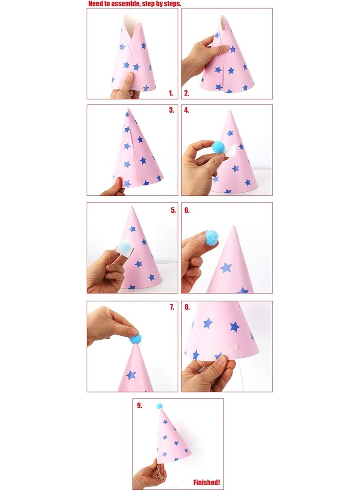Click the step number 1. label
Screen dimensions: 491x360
[x=171, y=94]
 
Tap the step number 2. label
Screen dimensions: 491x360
[x=187, y=94]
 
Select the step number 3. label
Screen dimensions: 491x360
[x=171, y=110]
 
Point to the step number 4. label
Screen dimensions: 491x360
[x=187, y=110]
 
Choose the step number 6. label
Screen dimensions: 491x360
[x=187, y=210]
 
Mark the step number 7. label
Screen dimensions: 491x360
[x=172, y=307]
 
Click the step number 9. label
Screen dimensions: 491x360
[x=139, y=405]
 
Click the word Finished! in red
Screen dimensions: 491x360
[x=207, y=482]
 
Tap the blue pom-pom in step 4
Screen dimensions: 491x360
[x=218, y=146]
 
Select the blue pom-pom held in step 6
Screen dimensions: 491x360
[x=211, y=238]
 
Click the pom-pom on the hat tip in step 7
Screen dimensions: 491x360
[x=135, y=339]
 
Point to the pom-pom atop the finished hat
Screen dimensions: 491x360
[x=159, y=406]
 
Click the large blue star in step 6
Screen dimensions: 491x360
[x=226, y=268]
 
